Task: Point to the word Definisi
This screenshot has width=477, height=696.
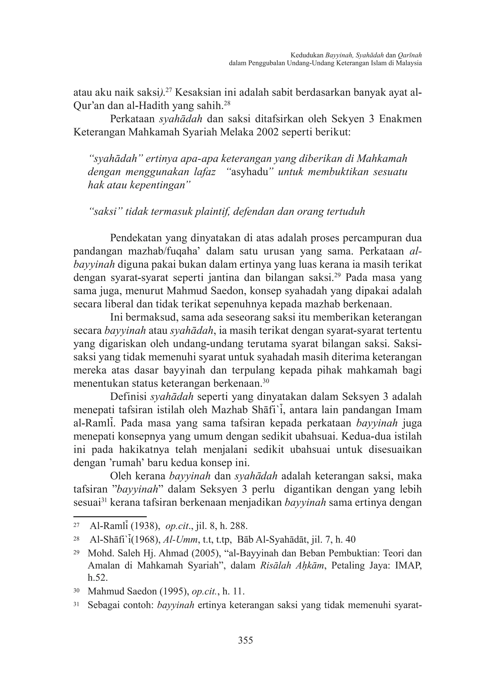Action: click(128, 397)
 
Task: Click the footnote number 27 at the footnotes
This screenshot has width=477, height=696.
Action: click(76, 526)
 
